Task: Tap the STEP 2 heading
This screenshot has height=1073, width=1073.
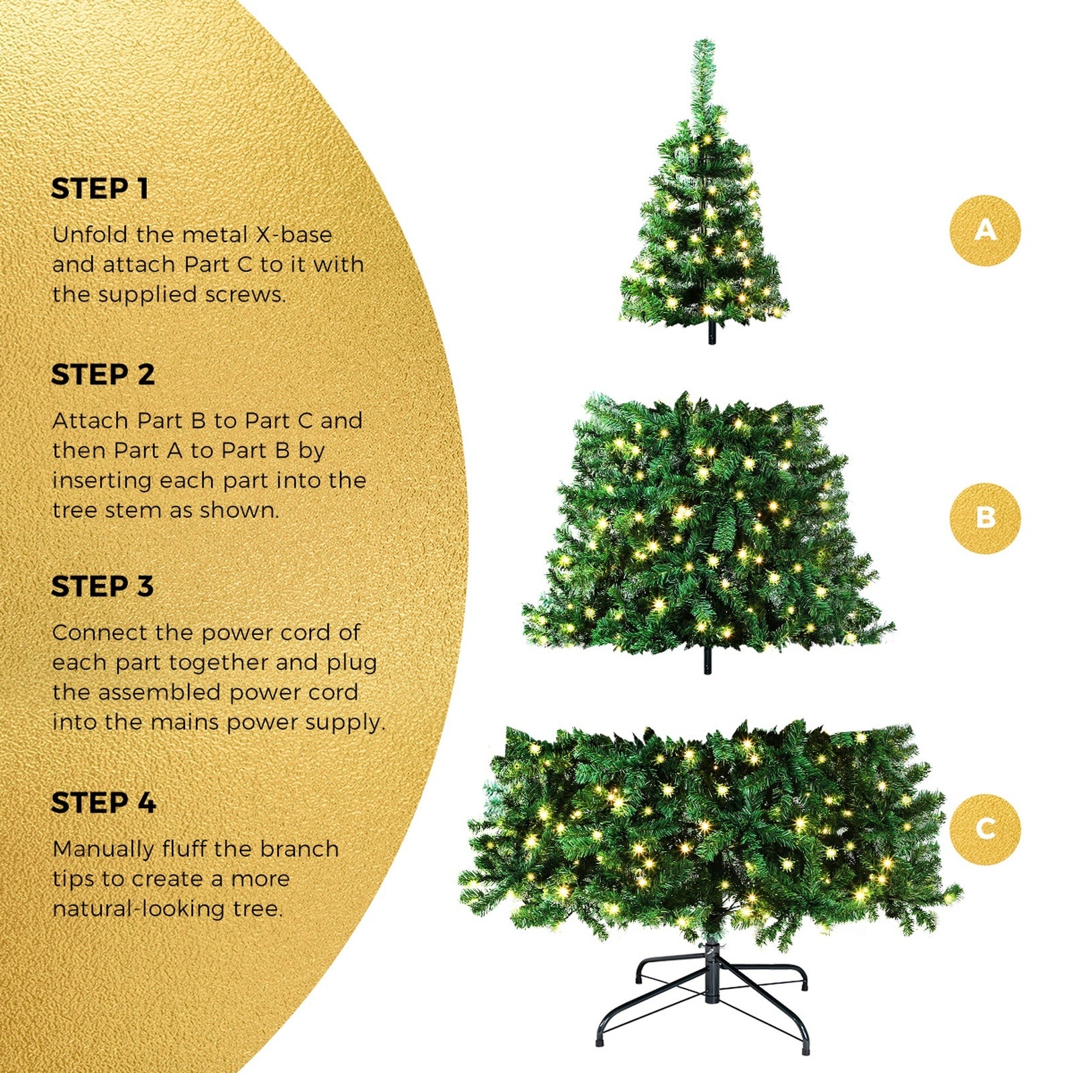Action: tap(103, 375)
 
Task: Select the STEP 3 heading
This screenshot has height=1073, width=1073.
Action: tap(103, 587)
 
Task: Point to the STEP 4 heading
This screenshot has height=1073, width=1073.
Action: tap(103, 803)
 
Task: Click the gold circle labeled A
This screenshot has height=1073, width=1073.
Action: tap(984, 230)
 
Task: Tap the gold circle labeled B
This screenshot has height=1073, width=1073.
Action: tap(984, 518)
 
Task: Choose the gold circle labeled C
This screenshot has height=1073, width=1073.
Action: tap(984, 829)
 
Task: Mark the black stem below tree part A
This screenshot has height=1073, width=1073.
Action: tap(712, 333)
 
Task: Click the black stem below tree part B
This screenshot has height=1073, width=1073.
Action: tap(707, 662)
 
